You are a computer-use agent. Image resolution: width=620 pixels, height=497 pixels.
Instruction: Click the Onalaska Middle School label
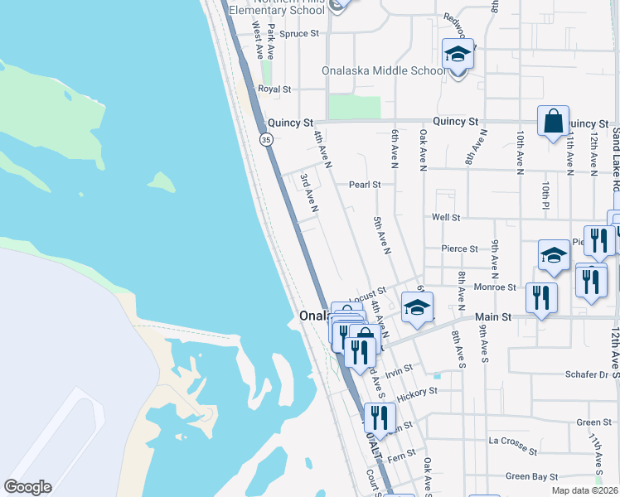(384, 70)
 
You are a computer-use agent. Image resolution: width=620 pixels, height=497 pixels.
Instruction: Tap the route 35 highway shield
(265, 141)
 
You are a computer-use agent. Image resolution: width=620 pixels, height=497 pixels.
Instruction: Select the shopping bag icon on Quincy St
(553, 122)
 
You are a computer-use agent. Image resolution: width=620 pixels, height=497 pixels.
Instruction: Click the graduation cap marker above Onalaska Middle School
(458, 55)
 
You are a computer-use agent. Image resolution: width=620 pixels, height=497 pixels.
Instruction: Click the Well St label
(445, 217)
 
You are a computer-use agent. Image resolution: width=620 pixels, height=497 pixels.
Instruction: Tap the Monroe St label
(496, 287)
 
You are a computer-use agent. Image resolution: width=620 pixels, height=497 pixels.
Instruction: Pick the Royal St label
(274, 89)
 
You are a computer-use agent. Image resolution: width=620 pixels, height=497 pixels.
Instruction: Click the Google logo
(27, 487)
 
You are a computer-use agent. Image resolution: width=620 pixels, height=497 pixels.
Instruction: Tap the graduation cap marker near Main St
(417, 308)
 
